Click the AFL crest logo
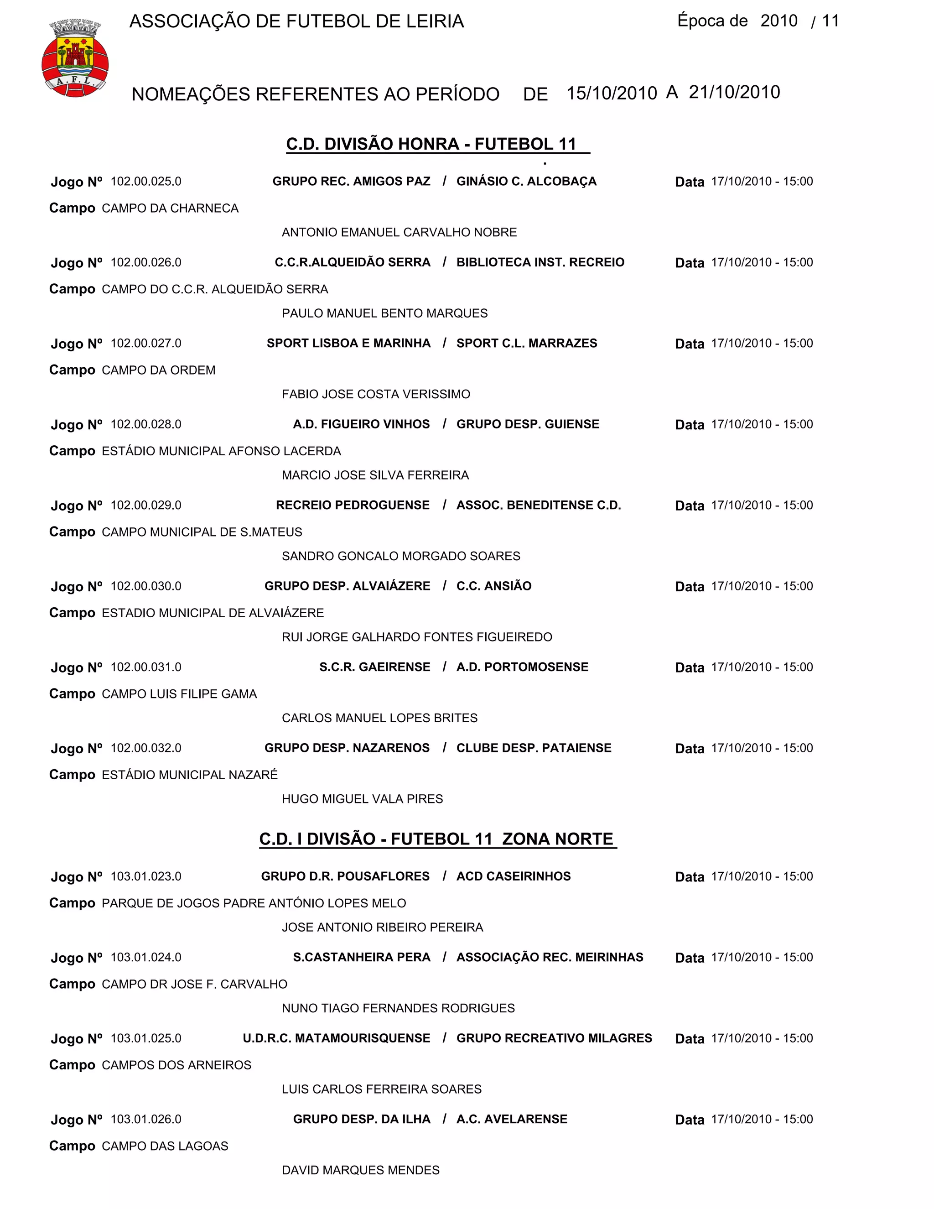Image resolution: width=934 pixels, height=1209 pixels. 75,58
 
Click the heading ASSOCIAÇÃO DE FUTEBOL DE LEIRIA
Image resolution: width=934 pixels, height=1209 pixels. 296,21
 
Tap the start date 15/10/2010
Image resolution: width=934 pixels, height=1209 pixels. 612,93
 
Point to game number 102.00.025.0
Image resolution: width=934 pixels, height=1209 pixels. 146,182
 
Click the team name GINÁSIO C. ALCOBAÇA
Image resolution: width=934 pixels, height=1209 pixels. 526,182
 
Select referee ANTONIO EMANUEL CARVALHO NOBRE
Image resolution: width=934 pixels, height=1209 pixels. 399,233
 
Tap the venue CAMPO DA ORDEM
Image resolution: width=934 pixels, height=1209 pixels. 159,370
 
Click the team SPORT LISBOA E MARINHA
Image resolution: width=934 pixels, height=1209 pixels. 348,343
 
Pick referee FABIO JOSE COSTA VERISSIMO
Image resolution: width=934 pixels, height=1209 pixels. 376,394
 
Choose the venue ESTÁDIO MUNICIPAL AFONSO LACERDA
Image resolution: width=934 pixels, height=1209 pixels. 221,451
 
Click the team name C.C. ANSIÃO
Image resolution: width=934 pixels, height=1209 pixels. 493,586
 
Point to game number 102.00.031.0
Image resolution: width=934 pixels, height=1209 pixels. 146,667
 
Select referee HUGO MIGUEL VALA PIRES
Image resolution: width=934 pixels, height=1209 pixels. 363,799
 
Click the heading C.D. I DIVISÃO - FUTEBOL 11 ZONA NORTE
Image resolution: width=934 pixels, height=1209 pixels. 436,839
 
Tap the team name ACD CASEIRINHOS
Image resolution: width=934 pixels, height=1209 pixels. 514,876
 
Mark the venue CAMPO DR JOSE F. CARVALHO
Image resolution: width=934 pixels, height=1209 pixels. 195,984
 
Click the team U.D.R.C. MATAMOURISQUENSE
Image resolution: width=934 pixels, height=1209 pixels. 337,1038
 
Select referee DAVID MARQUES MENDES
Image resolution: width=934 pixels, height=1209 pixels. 361,1170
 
